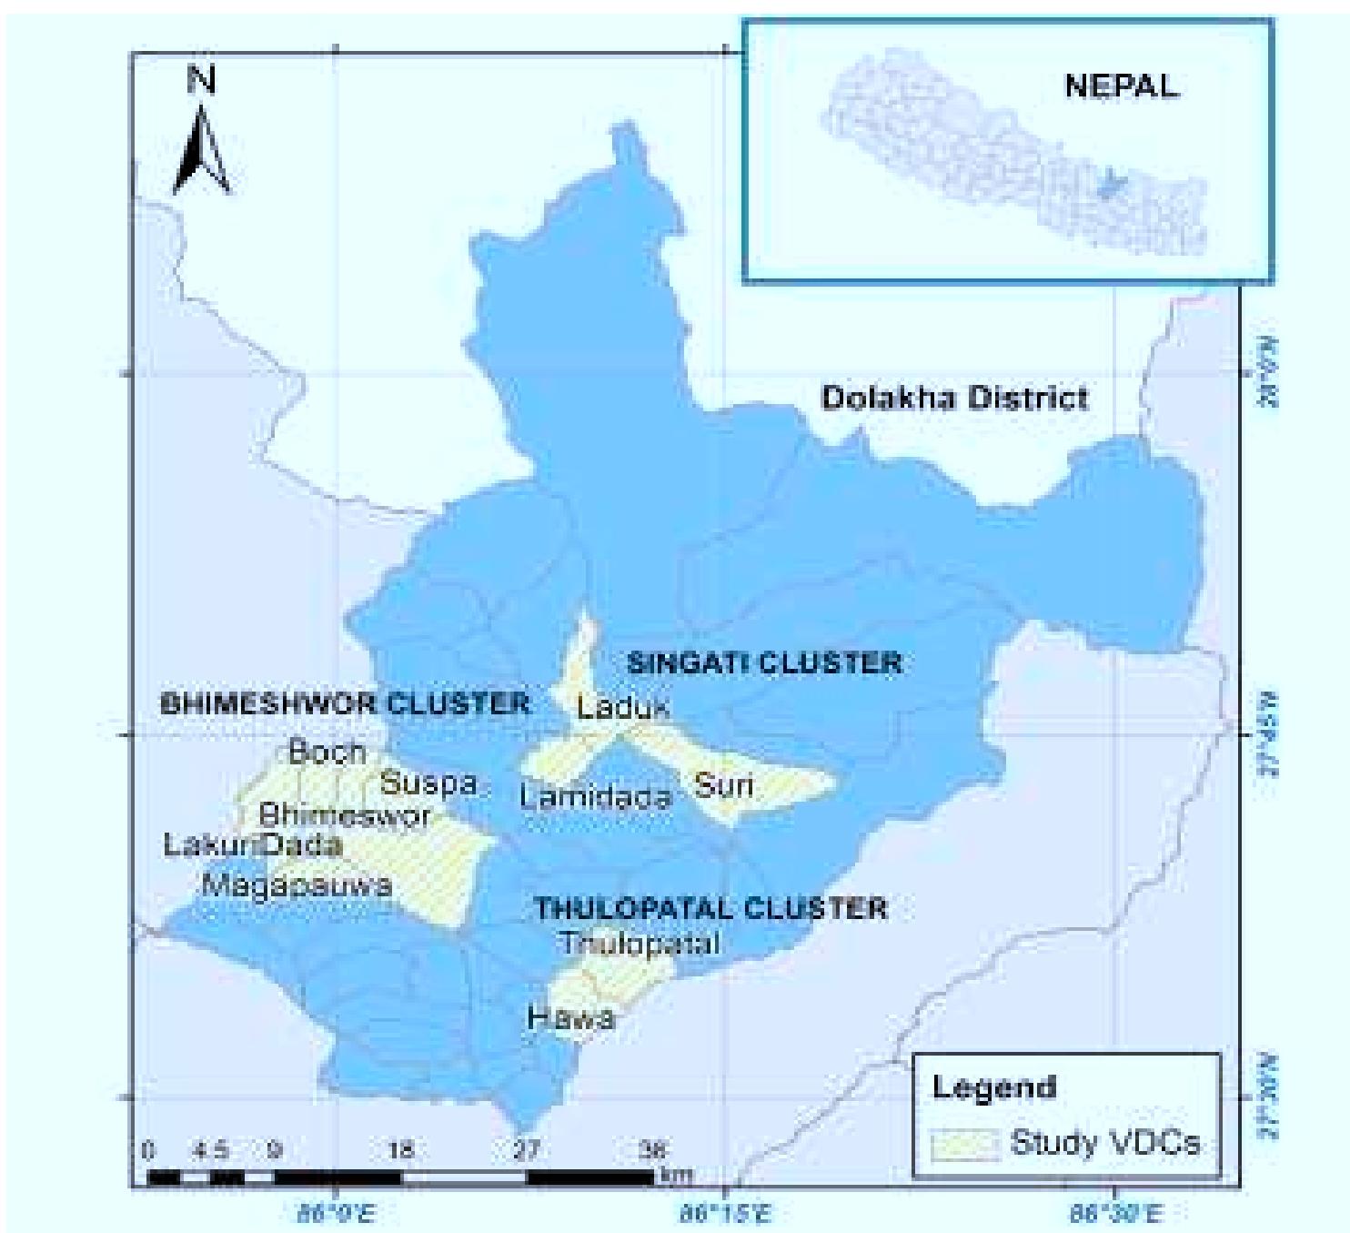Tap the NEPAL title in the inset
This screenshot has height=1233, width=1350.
[x=1121, y=86]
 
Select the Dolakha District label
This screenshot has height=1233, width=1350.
[x=954, y=398]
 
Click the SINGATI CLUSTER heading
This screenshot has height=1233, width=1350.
[x=764, y=662]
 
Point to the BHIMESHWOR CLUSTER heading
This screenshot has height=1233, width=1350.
[x=345, y=703]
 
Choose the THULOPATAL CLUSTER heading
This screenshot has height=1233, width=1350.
[x=710, y=908]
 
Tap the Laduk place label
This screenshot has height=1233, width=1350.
[x=623, y=706]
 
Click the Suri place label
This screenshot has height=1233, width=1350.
[x=724, y=784]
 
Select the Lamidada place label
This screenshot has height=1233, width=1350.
[x=595, y=797]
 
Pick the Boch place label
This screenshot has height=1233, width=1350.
[x=327, y=752]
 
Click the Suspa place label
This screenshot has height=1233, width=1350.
[x=428, y=783]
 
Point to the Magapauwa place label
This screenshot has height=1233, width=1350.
[x=297, y=884]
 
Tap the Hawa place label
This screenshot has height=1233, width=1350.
[x=571, y=1016]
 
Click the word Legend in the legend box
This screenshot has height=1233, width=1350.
[x=994, y=1086]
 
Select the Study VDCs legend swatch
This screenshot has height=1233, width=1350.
[x=964, y=1144]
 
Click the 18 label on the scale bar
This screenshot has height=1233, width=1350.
[x=401, y=1150]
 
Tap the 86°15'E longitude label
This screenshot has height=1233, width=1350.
[x=725, y=1213]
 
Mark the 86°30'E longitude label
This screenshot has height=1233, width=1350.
[x=1114, y=1213]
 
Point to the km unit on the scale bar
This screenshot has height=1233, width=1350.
[x=675, y=1175]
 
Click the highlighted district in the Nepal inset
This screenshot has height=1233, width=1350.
[x=1109, y=186]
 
